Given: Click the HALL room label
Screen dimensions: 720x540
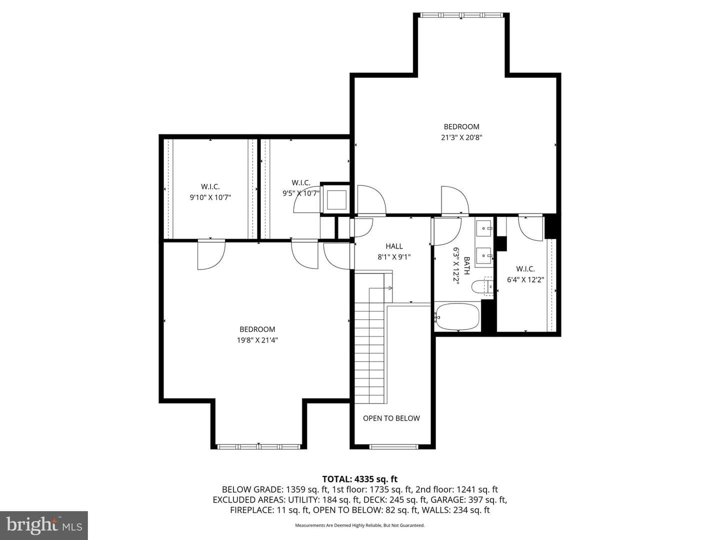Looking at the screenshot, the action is (394, 246).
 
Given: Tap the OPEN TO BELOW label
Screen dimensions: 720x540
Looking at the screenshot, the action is (391, 418).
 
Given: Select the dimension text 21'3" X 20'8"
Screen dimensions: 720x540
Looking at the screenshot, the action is (461, 137).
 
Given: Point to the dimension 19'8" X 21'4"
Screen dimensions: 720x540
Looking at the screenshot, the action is (257, 340).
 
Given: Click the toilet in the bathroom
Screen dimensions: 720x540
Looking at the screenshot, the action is (482, 287).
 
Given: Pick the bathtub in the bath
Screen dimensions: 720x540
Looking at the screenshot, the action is (457, 316).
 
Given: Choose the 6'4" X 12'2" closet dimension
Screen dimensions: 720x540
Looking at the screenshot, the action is (525, 279).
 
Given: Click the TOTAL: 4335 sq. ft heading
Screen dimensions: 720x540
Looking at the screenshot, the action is (360, 479).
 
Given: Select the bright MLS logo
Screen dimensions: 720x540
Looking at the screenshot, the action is (43, 525).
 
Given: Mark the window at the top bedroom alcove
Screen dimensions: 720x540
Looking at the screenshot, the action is (461, 15).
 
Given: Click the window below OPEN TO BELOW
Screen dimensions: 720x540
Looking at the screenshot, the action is (394, 446).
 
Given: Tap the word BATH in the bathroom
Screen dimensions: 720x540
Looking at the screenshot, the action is (466, 265).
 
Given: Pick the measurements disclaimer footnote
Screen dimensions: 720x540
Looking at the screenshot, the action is (360, 525).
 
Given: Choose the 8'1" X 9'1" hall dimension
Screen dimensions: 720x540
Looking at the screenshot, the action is (394, 257).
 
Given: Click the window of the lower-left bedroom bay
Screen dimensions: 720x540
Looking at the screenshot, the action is (259, 446).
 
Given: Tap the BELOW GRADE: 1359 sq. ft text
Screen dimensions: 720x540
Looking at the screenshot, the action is (275, 489).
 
